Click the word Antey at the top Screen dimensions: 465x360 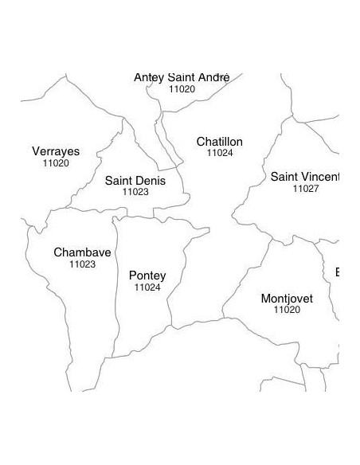[x=150, y=77]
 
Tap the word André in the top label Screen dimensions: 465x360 [x=213, y=77]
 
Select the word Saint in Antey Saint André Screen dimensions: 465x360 [x=182, y=77]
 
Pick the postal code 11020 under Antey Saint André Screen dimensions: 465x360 [x=182, y=89]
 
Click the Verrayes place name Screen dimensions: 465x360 [x=56, y=151]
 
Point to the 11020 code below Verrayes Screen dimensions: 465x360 [x=56, y=162]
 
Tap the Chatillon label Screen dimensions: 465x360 [x=220, y=142]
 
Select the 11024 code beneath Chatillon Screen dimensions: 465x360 [x=220, y=152]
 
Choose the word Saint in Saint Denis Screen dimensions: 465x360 [x=119, y=181]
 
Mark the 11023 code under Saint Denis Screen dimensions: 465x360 [x=135, y=192]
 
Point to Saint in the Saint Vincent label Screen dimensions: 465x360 [x=285, y=177]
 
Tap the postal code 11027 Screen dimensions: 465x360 [x=306, y=189]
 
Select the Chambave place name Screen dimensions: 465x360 [x=82, y=252]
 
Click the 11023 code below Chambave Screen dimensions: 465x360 [x=82, y=264]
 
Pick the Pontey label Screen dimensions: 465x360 [x=147, y=275]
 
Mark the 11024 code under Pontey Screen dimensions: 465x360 [x=147, y=287]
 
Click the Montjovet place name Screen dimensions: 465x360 [x=287, y=299]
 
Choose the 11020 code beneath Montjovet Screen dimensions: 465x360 [x=287, y=310]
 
